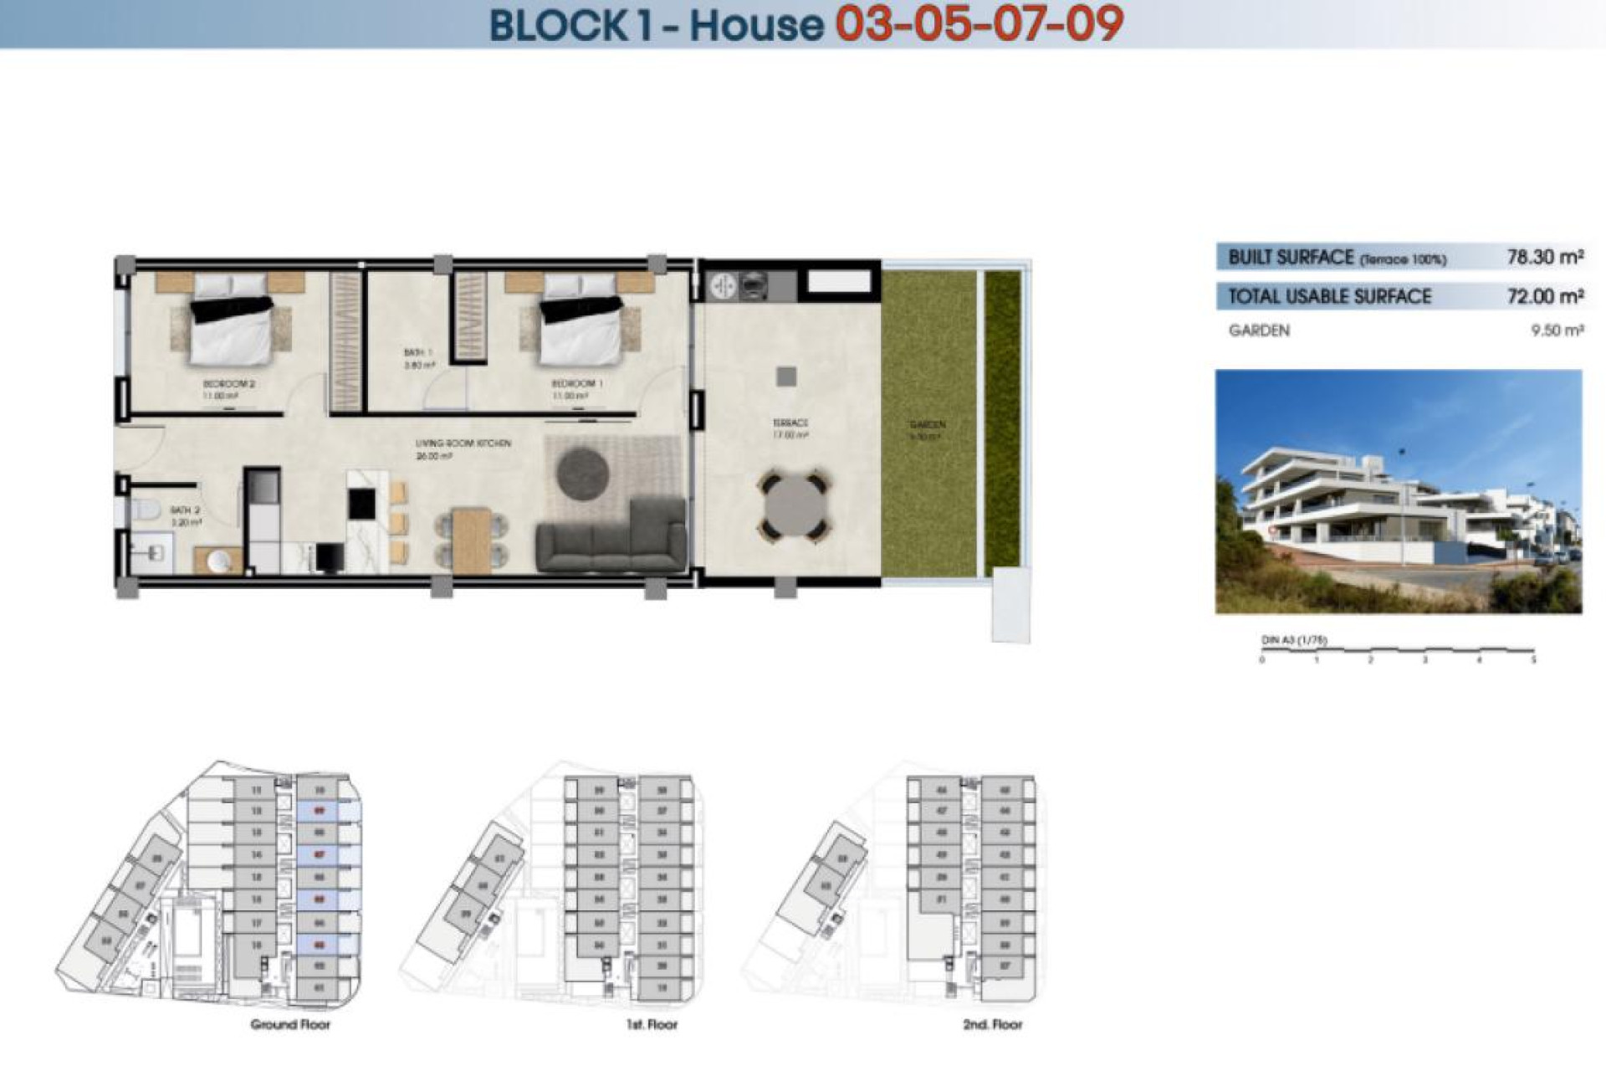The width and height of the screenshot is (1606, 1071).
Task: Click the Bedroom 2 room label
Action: click(x=228, y=384)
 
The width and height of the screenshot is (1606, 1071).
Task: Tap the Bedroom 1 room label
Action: click(x=576, y=383)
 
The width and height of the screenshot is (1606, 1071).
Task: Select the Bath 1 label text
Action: click(x=417, y=353)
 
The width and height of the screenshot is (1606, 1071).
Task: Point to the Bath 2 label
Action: click(x=185, y=510)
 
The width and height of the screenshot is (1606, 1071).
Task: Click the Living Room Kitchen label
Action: click(x=463, y=443)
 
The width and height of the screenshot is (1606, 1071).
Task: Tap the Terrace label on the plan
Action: click(x=790, y=423)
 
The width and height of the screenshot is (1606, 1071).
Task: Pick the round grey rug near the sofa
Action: click(x=582, y=474)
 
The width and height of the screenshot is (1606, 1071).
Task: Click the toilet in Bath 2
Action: click(x=146, y=509)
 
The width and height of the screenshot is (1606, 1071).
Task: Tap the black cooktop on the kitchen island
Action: click(x=361, y=503)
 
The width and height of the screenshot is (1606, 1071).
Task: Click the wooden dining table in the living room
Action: click(x=471, y=540)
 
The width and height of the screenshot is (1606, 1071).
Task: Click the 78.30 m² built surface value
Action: click(x=1544, y=258)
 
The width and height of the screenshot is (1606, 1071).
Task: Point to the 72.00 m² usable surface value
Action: click(x=1544, y=296)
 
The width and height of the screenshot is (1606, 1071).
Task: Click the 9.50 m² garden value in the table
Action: click(x=1557, y=331)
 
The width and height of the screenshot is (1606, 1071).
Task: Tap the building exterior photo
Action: click(x=1398, y=492)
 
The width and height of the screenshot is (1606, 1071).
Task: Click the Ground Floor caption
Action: click(x=290, y=1024)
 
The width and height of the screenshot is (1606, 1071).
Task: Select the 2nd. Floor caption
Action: click(x=992, y=1024)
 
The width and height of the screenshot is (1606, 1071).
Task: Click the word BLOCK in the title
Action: click(x=558, y=25)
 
